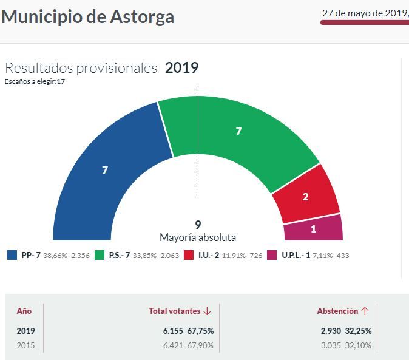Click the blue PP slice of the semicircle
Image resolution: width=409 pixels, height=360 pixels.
pyautogui.click(x=106, y=170)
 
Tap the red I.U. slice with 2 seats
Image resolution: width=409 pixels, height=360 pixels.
pyautogui.click(x=305, y=196)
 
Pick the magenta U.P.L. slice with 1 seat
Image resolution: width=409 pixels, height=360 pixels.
pyautogui.click(x=313, y=229)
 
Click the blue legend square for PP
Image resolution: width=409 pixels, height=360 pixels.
pyautogui.click(x=12, y=255)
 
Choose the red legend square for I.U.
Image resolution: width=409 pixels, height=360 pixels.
pyautogui.click(x=188, y=255)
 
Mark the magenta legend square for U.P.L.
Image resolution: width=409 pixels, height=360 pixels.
pyautogui.click(x=272, y=255)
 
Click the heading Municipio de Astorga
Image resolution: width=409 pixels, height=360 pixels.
pyautogui.click(x=88, y=16)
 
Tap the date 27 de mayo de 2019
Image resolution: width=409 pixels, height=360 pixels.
pyautogui.click(x=364, y=13)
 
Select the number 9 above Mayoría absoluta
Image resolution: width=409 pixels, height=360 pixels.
pyautogui.click(x=198, y=225)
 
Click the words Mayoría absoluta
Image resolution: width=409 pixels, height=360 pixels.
pyautogui.click(x=198, y=237)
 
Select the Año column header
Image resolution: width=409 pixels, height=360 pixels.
pyautogui.click(x=24, y=311)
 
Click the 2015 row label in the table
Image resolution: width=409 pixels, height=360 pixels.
pyautogui.click(x=26, y=345)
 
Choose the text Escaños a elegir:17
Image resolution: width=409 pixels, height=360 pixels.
pyautogui.click(x=35, y=81)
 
